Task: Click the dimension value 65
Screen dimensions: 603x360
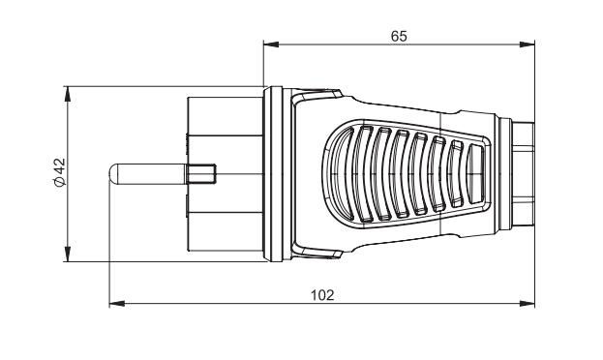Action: coord(399,36)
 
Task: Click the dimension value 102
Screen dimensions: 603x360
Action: coord(322,295)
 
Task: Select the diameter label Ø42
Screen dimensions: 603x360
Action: coord(60,172)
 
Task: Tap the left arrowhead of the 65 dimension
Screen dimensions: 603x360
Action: coord(271,45)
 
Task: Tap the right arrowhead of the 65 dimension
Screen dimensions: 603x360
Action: coord(527,45)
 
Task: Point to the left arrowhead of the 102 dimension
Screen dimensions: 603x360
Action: coord(117,304)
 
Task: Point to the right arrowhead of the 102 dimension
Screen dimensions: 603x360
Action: coord(527,304)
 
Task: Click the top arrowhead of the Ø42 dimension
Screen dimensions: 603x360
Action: coord(68,94)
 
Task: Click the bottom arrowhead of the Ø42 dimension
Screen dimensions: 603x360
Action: coord(68,255)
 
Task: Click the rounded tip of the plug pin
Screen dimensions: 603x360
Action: coord(112,174)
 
